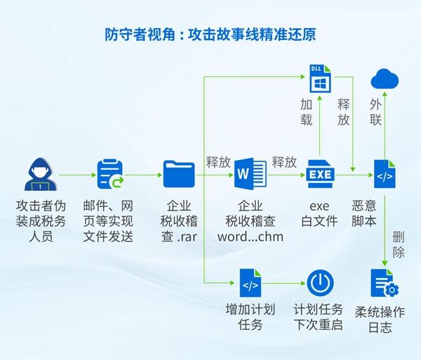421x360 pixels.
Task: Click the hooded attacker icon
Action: point(40,174)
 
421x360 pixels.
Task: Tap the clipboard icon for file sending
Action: point(110,174)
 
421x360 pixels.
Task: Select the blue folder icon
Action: point(179,174)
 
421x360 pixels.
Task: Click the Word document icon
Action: point(250,174)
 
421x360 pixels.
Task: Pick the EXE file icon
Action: point(320,174)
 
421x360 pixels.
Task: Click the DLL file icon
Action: point(320,79)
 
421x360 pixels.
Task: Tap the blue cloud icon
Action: point(385,79)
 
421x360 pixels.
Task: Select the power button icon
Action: point(320,283)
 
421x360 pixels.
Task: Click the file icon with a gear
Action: point(385,283)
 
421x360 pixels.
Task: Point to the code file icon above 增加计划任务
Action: point(250,283)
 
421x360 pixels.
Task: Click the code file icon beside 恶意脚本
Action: point(385,174)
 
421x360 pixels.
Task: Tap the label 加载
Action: point(307,112)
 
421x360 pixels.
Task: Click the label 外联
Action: point(376,112)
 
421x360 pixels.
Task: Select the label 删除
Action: point(399,244)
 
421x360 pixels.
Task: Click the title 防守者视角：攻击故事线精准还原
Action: point(210,34)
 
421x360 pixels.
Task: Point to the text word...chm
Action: point(250,236)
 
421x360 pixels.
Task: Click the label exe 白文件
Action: point(319,214)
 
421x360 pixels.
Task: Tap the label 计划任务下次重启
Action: point(318,317)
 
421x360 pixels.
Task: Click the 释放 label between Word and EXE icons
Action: point(284,162)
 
